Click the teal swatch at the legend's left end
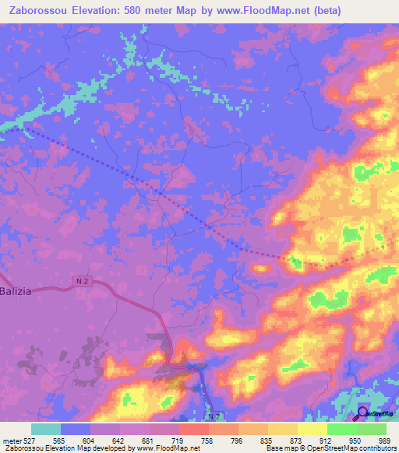(45, 429)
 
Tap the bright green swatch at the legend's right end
(372, 429)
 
